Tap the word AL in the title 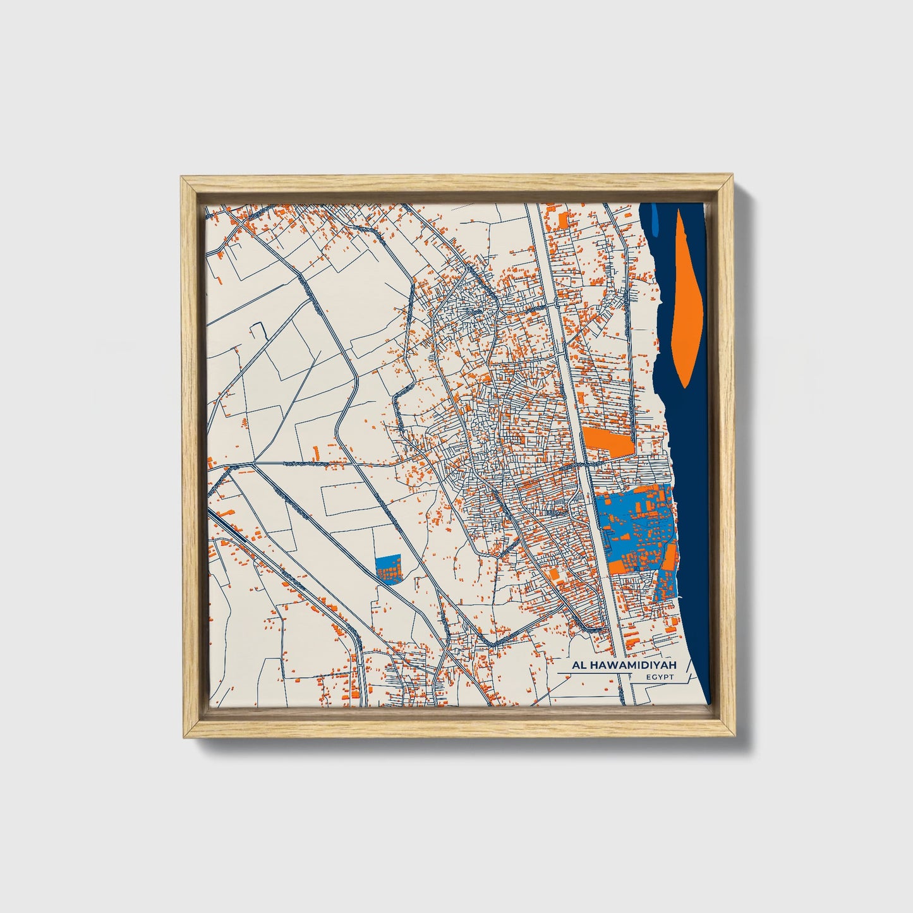coord(579,665)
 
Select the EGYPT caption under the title coord(660,677)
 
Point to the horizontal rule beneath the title coord(594,673)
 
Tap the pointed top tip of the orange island coord(680,212)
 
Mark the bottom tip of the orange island coord(687,384)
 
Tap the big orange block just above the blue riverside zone coord(607,440)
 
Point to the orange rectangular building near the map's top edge coord(562,221)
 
